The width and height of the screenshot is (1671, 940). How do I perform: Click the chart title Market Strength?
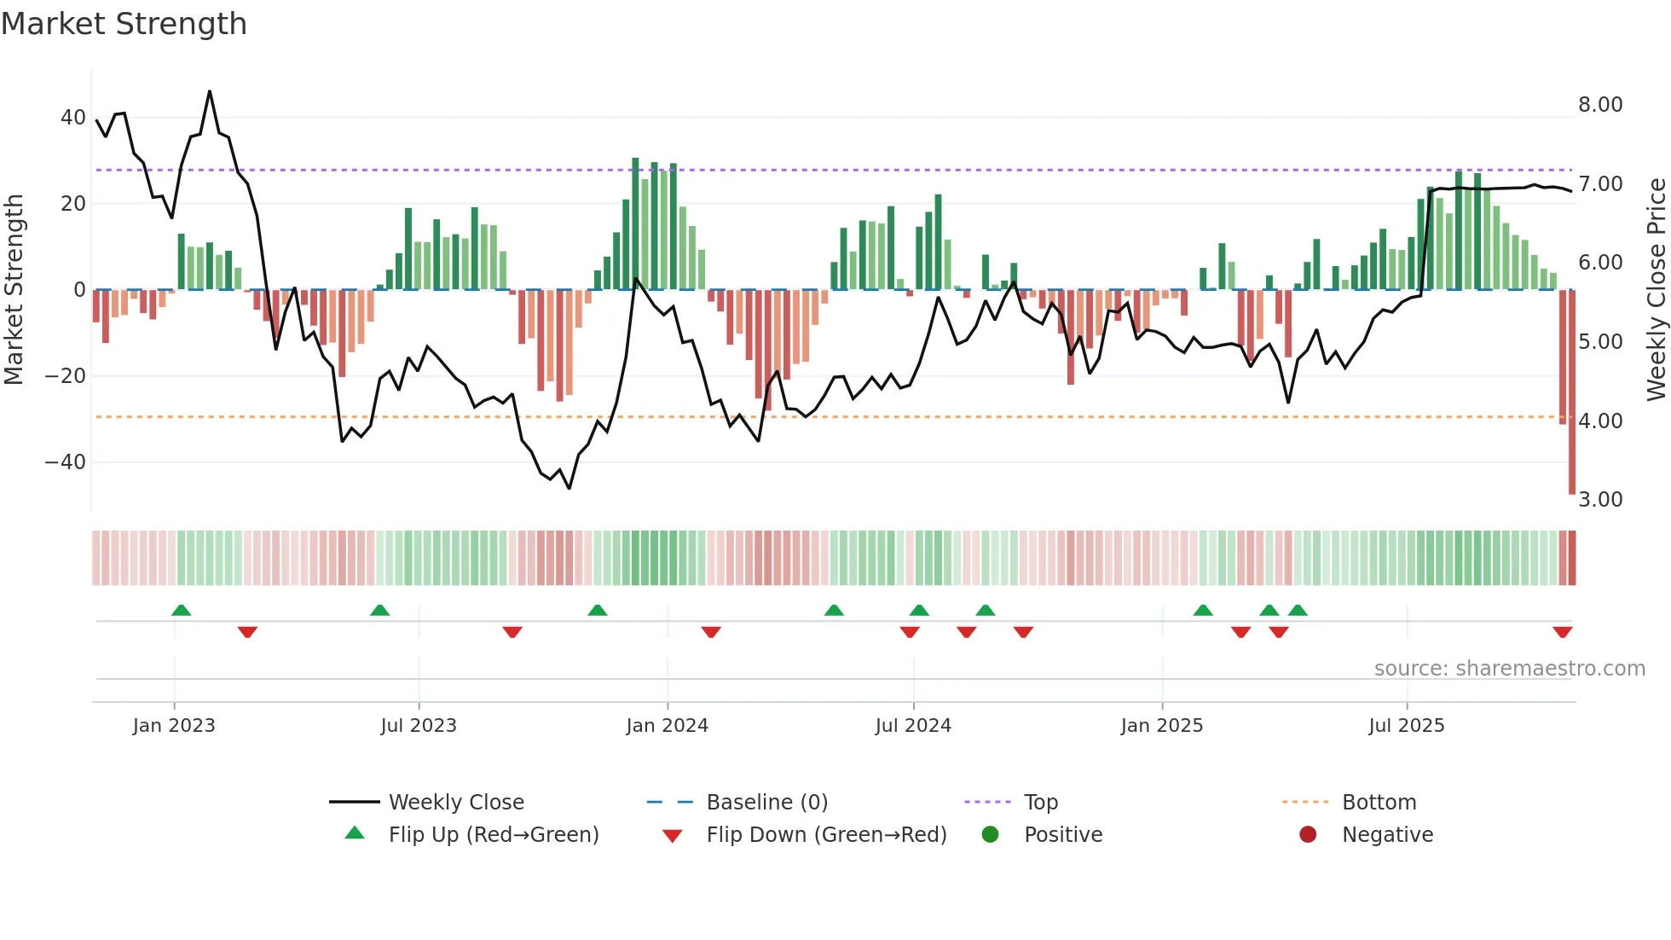pyautogui.click(x=124, y=24)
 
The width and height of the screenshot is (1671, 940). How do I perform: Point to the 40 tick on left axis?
pyautogui.click(x=72, y=118)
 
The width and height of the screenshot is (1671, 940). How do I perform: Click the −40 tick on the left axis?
pyautogui.click(x=66, y=462)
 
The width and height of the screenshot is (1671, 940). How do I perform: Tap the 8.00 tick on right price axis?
pyautogui.click(x=1600, y=105)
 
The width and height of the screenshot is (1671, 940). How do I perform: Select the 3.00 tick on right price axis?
pyautogui.click(x=1600, y=500)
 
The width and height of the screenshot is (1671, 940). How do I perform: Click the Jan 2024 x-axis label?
pyautogui.click(x=667, y=726)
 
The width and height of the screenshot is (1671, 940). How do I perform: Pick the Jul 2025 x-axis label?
pyautogui.click(x=1406, y=726)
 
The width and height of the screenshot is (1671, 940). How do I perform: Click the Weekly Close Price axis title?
pyautogui.click(x=1656, y=290)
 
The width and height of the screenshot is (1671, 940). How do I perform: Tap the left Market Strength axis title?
pyautogui.click(x=14, y=290)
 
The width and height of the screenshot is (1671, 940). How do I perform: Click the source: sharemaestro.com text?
pyautogui.click(x=1509, y=669)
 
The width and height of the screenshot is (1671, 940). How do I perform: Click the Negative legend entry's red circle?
pyautogui.click(x=1308, y=835)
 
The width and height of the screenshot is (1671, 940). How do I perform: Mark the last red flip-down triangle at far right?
pyautogui.click(x=1562, y=632)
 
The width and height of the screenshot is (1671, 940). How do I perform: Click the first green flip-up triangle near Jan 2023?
pyautogui.click(x=181, y=610)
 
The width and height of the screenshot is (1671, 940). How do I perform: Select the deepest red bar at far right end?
pyautogui.click(x=1572, y=392)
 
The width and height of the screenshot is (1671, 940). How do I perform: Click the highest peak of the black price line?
pyautogui.click(x=210, y=91)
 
